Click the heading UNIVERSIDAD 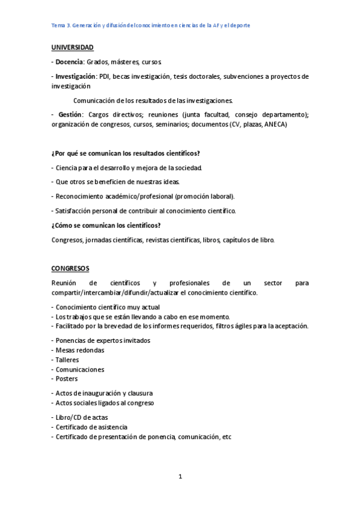pyautogui.click(x=72, y=47)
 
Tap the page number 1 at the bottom pyautogui.click(x=180, y=477)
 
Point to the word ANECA pyautogui.click(x=274, y=124)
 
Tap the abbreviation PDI pyautogui.click(x=105, y=76)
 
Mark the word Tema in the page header pyautogui.click(x=59, y=26)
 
